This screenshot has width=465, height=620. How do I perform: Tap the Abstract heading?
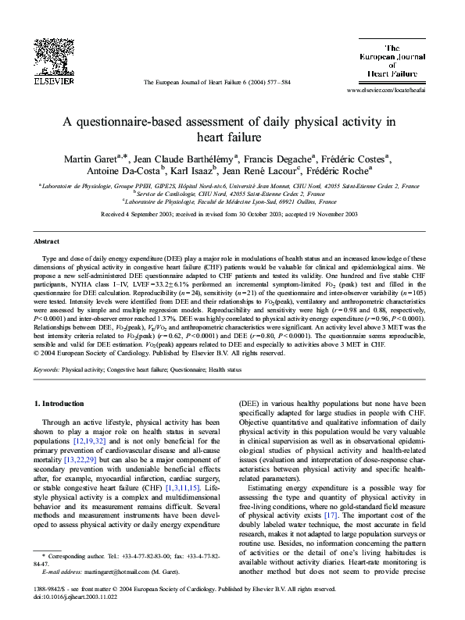(x=48, y=242)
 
